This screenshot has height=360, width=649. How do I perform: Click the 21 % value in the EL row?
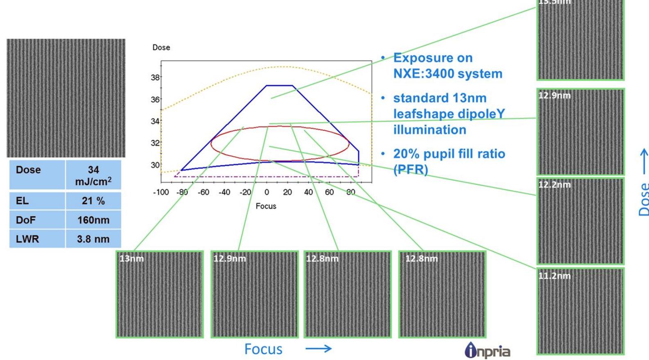tap(93, 201)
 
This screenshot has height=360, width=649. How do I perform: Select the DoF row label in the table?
tap(25, 220)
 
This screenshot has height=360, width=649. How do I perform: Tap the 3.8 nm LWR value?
tap(93, 239)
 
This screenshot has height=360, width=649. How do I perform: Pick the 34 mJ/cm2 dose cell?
tap(93, 175)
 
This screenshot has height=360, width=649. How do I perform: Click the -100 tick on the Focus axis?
tap(161, 192)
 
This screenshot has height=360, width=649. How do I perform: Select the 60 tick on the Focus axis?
tap(329, 192)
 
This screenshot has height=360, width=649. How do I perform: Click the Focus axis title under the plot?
tap(266, 206)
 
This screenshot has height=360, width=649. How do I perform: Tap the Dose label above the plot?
tap(161, 48)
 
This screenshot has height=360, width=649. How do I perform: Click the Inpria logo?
tap(488, 351)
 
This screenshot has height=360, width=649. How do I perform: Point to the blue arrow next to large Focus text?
tap(318, 349)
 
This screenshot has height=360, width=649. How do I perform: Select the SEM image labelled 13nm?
tap(159, 294)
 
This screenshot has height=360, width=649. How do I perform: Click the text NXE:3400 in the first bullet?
tap(422, 74)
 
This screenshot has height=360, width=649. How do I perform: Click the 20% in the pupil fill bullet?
tap(406, 154)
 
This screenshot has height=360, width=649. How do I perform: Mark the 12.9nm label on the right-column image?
tap(554, 96)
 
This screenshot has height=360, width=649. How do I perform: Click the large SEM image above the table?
tap(66, 98)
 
